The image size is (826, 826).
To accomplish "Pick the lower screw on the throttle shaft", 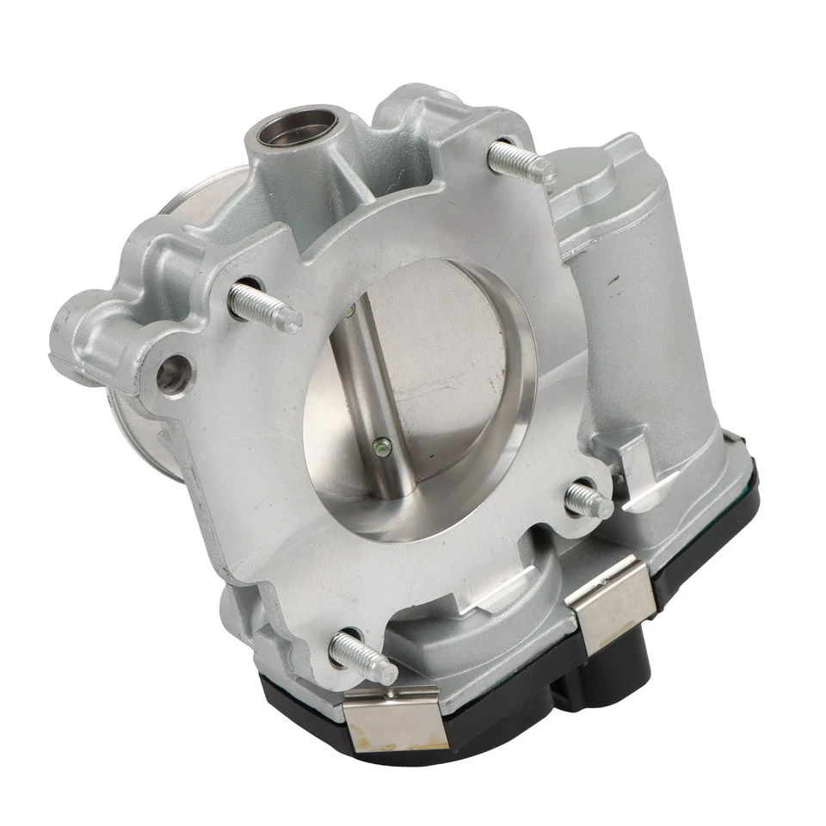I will click(381, 446).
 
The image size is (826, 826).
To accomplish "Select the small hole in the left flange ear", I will click(173, 370).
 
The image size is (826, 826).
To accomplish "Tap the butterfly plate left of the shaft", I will click(331, 430).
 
